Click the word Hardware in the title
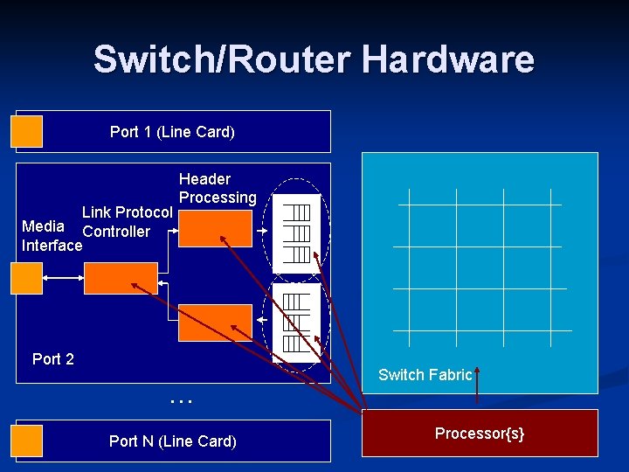click(447, 59)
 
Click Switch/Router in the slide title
click(223, 59)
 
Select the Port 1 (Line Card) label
click(172, 132)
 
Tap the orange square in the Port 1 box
click(27, 131)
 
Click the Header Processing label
click(218, 188)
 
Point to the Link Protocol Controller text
click(126, 222)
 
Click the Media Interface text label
click(51, 236)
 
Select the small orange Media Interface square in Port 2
click(27, 278)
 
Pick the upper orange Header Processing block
click(214, 229)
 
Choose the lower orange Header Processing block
click(214, 323)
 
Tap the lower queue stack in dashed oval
click(297, 322)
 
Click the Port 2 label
click(52, 359)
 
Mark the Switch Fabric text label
click(425, 375)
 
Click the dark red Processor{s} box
click(480, 434)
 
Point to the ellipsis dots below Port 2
click(181, 399)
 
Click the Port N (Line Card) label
click(172, 441)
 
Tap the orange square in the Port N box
click(27, 440)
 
